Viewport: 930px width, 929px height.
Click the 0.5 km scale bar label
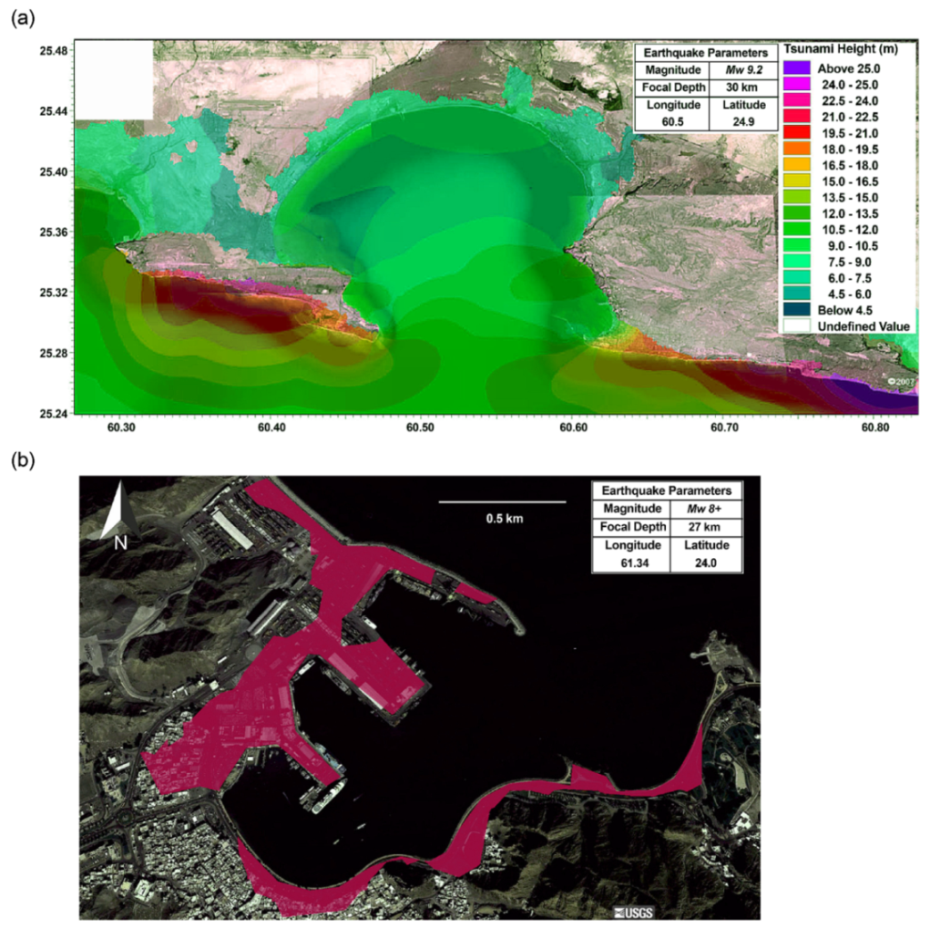504,519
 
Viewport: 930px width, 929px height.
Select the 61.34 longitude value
629,563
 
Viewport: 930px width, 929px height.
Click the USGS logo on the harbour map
634,912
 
